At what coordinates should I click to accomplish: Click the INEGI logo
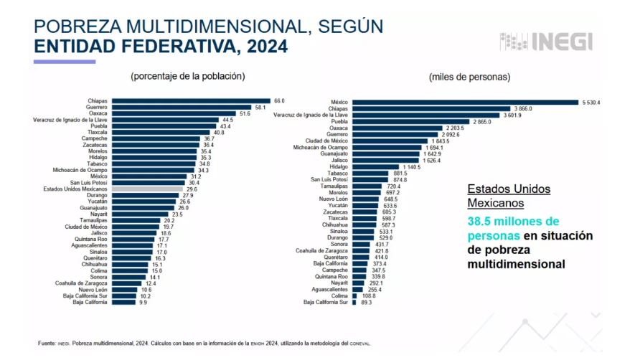pyautogui.click(x=546, y=41)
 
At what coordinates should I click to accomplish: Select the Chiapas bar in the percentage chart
pyautogui.click(x=190, y=101)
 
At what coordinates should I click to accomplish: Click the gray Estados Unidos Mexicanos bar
pyautogui.click(x=144, y=189)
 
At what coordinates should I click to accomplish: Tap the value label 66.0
pyautogui.click(x=279, y=101)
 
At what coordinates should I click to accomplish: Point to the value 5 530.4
pyautogui.click(x=591, y=102)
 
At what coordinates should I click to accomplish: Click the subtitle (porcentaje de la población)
pyautogui.click(x=187, y=76)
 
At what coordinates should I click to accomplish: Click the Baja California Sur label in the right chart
pyautogui.click(x=326, y=303)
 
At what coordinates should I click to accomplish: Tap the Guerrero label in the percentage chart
pyautogui.click(x=97, y=108)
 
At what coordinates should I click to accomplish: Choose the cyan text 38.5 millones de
pyautogui.click(x=513, y=222)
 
